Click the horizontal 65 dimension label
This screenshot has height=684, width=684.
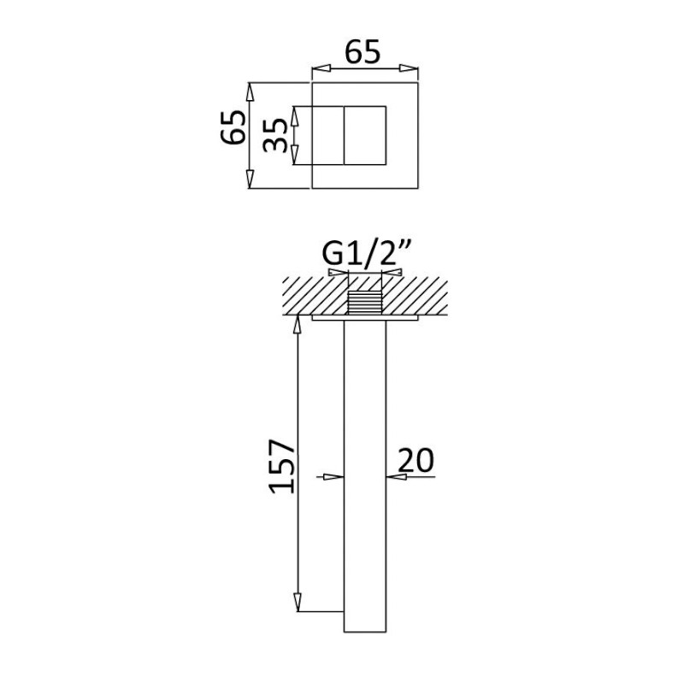[x=363, y=52]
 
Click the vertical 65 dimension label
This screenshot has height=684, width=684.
[x=233, y=127]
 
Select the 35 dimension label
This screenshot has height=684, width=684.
[x=275, y=135]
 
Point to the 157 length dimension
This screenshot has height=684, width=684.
[x=282, y=466]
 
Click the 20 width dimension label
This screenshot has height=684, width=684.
[x=416, y=460]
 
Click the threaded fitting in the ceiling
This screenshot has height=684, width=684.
[x=365, y=303]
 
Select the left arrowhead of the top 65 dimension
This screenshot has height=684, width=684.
[x=321, y=68]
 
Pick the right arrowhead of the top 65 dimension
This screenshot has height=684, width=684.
[x=410, y=68]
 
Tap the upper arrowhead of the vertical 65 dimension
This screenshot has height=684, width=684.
[x=250, y=91]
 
